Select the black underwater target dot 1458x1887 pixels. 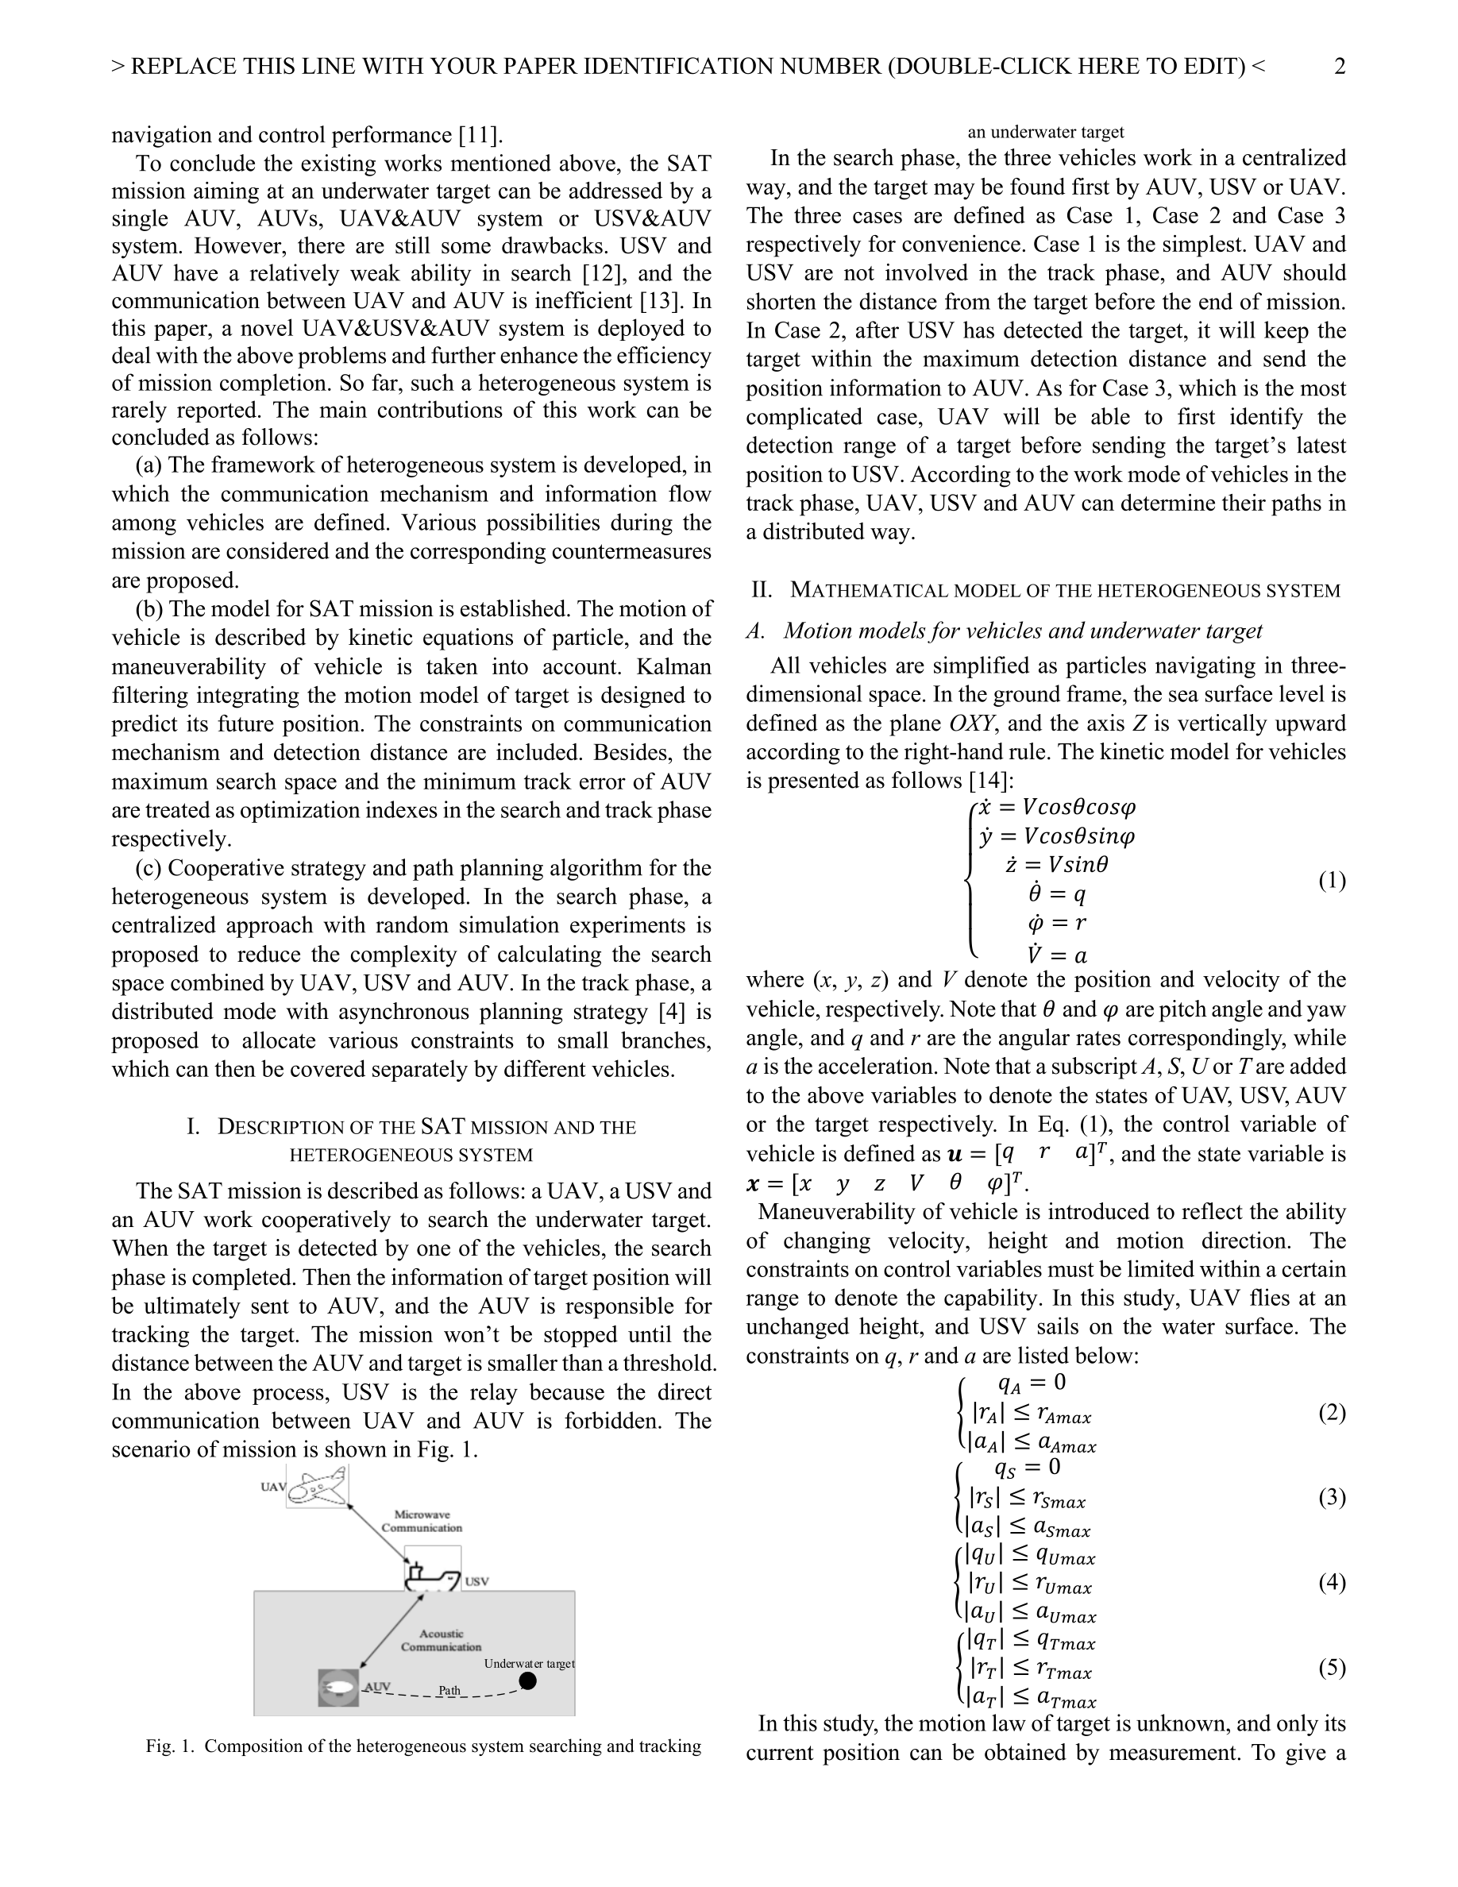(x=528, y=1681)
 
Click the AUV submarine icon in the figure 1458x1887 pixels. (x=337, y=1688)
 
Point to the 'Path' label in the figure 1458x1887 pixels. (x=449, y=1690)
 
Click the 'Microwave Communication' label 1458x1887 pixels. (x=422, y=1521)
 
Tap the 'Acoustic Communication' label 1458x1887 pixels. (x=441, y=1640)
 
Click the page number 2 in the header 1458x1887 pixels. (x=1339, y=67)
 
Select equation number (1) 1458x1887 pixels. (x=1331, y=881)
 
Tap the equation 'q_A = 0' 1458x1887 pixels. (x=1032, y=1383)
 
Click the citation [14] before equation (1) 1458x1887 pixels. (x=988, y=780)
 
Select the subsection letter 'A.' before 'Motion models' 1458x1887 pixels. (x=756, y=631)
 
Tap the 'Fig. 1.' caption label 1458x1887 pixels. (x=171, y=1746)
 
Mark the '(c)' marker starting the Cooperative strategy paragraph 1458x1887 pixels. (x=148, y=867)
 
